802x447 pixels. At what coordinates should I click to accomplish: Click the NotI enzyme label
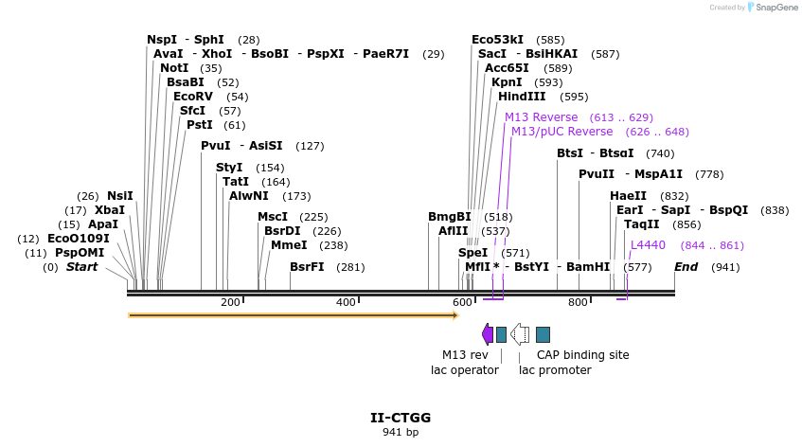click(x=174, y=68)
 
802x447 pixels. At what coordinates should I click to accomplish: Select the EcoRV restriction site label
click(x=193, y=97)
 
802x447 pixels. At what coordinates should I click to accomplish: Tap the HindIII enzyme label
click(x=522, y=97)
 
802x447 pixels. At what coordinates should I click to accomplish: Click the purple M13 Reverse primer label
click(x=541, y=117)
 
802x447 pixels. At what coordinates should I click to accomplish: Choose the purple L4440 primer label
click(x=649, y=245)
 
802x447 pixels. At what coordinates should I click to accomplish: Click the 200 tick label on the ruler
click(x=230, y=302)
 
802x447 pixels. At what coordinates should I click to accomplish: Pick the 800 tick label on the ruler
click(x=578, y=302)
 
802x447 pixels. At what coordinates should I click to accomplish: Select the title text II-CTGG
click(x=401, y=418)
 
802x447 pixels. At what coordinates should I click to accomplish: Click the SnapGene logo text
click(x=775, y=8)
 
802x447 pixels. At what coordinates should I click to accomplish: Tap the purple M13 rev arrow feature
click(x=488, y=334)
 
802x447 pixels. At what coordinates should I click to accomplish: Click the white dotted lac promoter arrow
click(x=520, y=334)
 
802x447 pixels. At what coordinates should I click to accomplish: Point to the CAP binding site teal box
click(x=543, y=334)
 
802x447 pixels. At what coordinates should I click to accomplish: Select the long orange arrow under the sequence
click(x=294, y=314)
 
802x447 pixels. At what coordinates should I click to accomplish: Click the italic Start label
click(x=81, y=267)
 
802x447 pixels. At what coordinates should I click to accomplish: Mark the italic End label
click(x=686, y=267)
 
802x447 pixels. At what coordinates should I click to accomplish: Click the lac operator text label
click(x=465, y=370)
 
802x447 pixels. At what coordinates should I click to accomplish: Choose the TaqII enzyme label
click(x=641, y=224)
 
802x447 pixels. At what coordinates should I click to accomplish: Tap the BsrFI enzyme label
click(x=307, y=267)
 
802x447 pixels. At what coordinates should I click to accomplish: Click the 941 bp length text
click(x=401, y=433)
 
